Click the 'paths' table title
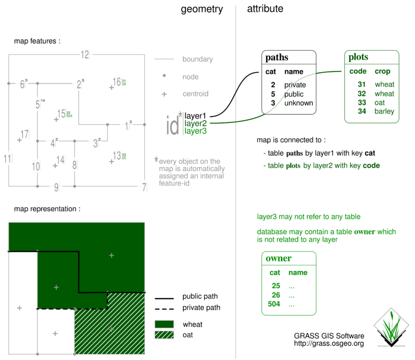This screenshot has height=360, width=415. click(x=277, y=58)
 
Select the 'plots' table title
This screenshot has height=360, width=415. click(x=358, y=57)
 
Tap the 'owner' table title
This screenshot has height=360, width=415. click(x=278, y=258)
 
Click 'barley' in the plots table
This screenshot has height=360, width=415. click(x=384, y=111)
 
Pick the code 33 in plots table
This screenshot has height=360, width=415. click(x=363, y=102)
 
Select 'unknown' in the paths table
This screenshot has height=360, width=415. click(x=298, y=103)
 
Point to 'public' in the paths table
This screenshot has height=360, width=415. click(x=294, y=94)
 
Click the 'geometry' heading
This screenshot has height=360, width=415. click(x=202, y=9)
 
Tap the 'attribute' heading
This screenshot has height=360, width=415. click(x=265, y=9)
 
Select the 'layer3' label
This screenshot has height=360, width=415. click(x=196, y=131)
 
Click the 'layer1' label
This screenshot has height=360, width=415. click(x=196, y=116)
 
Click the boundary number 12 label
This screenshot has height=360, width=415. click(x=85, y=54)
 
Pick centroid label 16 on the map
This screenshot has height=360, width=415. click(x=117, y=82)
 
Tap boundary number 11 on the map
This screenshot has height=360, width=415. click(x=7, y=159)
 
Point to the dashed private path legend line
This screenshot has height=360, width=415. click(x=164, y=308)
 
